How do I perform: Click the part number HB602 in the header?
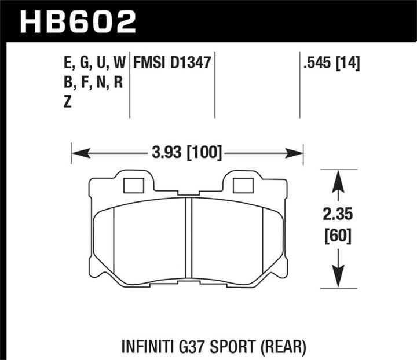click(78, 21)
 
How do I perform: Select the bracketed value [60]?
click(338, 236)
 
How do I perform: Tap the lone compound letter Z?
click(69, 101)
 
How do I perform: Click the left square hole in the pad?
click(134, 185)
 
